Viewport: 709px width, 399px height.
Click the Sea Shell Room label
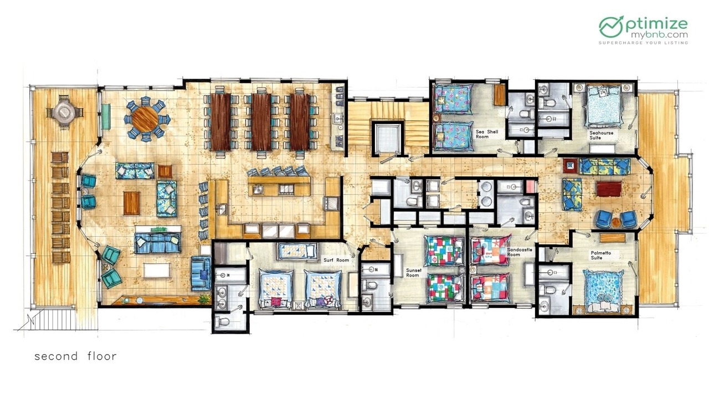coord(487,134)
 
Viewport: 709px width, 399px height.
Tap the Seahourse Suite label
coord(601,136)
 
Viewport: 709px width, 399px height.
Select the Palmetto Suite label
coord(601,255)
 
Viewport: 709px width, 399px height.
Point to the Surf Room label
coord(336,260)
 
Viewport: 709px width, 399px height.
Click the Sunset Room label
coord(414,273)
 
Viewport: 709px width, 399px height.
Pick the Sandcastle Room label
coord(520,252)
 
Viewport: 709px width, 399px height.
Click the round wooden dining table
coord(145,119)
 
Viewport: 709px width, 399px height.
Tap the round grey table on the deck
coord(65,111)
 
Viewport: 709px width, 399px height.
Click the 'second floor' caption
coord(75,356)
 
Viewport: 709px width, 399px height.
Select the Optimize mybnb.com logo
coord(644,30)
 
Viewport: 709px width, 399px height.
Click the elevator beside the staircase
coord(388,139)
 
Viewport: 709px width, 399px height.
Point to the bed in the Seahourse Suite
coord(604,106)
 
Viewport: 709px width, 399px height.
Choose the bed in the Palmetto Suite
coord(603,291)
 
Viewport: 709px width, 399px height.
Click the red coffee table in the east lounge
coord(608,189)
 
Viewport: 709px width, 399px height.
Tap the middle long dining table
coord(261,121)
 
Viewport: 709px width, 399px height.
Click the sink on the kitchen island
coord(259,190)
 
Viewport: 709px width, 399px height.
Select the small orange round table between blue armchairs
coord(615,223)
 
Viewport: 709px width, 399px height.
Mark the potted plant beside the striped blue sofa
coord(204,299)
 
